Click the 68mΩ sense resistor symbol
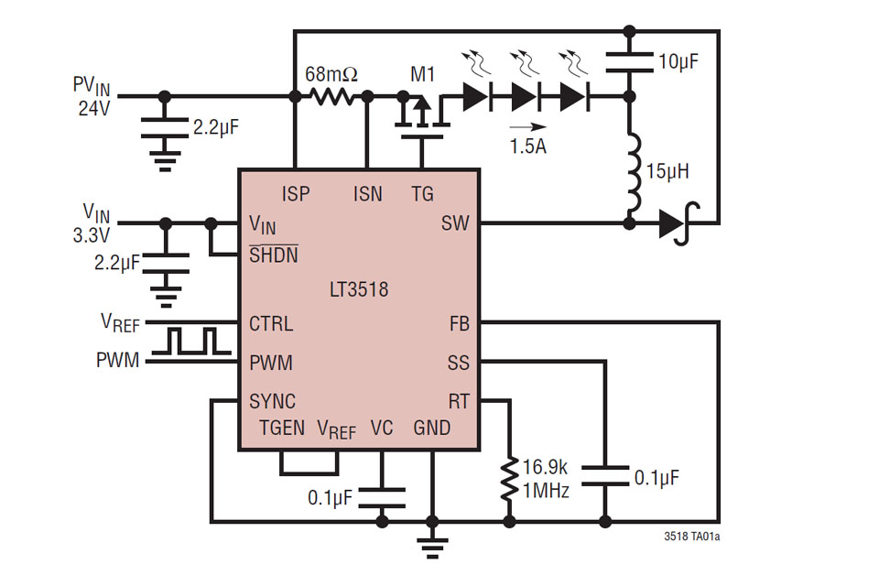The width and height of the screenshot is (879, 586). point(330,95)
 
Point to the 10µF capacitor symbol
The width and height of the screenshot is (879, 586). point(630,61)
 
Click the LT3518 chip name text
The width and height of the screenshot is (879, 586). point(358,290)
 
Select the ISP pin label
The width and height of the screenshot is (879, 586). point(295,193)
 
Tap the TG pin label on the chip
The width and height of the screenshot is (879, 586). point(422,193)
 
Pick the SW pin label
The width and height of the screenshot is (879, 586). point(455,222)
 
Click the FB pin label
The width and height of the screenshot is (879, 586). point(459,324)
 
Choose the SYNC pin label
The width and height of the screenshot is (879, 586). point(272,402)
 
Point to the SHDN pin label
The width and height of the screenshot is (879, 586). point(273,256)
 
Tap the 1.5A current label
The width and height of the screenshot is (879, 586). point(527,146)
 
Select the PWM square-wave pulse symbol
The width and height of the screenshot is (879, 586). point(192,341)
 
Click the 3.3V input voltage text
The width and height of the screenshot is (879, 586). point(92,236)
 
